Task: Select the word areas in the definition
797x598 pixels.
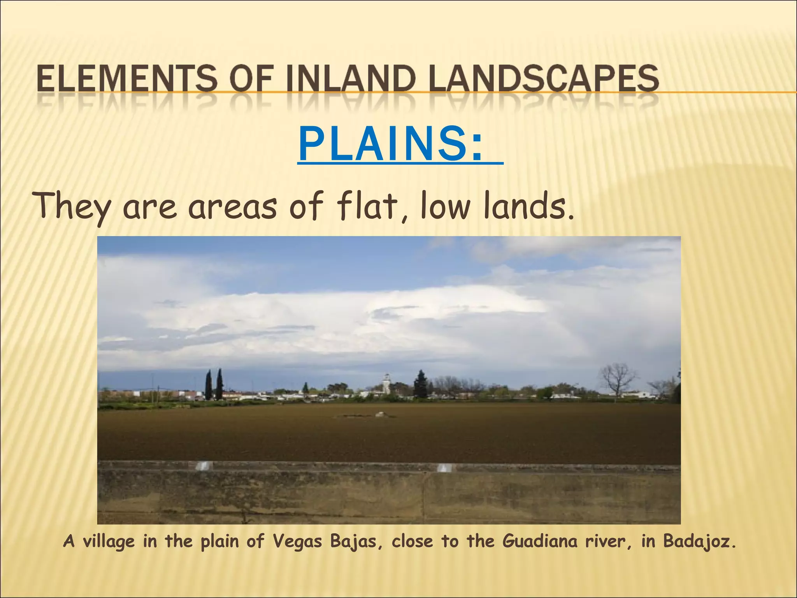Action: point(233,207)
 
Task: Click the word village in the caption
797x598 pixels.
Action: point(109,542)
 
